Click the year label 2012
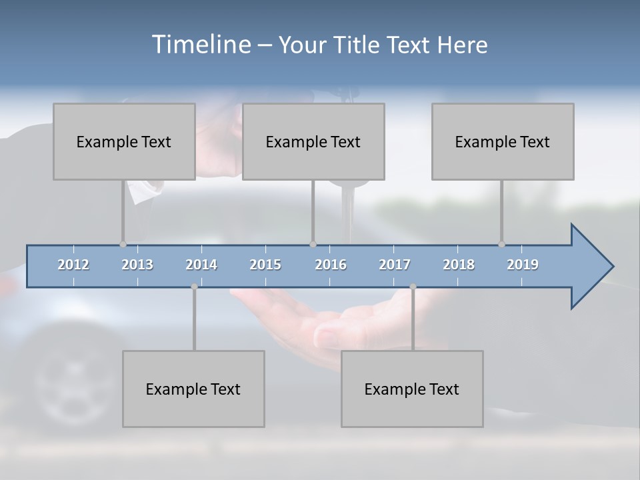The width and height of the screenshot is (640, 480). (x=73, y=265)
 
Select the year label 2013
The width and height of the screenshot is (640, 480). (x=137, y=265)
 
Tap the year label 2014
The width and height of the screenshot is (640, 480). (x=201, y=265)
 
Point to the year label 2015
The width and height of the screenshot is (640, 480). (x=265, y=265)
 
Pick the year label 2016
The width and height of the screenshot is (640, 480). (x=331, y=265)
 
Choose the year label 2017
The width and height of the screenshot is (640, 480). (x=395, y=265)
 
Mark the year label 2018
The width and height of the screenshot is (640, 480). (x=459, y=265)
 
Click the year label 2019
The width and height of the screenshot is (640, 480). (x=523, y=265)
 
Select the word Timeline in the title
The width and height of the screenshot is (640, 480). (x=200, y=45)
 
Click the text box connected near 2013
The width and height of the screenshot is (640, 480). (x=123, y=141)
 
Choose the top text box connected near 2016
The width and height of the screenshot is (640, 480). (x=313, y=141)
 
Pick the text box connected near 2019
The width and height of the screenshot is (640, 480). (x=502, y=141)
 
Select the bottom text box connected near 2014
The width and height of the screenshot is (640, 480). (x=193, y=389)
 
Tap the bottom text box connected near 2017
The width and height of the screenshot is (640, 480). (x=411, y=389)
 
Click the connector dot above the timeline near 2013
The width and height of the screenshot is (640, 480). (x=123, y=244)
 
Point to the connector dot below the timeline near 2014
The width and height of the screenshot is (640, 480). (x=194, y=287)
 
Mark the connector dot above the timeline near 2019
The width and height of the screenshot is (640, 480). (x=501, y=244)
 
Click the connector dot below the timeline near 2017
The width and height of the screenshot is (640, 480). (x=413, y=287)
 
